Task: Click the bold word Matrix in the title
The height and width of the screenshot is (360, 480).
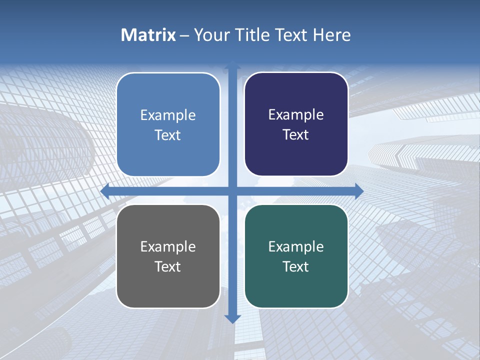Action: pos(148,35)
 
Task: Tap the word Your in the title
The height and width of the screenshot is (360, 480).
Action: pos(211,35)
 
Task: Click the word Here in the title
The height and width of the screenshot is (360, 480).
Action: pos(331,35)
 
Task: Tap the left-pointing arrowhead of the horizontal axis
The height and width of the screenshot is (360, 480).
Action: pos(105,191)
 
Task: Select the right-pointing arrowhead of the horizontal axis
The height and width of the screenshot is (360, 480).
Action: pos(359,191)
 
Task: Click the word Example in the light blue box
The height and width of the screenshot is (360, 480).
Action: pos(168,115)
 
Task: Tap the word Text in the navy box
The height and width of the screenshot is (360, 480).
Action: pos(296,135)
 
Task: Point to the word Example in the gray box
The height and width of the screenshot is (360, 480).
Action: pos(168,247)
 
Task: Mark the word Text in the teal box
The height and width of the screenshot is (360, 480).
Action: pos(296,267)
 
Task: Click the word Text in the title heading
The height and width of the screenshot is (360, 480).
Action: pos(290,35)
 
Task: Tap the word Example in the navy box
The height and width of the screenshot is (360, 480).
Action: pos(296,115)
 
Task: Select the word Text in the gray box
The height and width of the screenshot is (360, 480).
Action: pos(168,267)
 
